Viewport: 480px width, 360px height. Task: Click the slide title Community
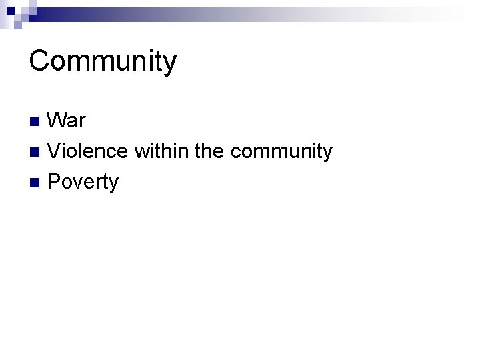point(103,62)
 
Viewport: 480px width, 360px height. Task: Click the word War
point(67,121)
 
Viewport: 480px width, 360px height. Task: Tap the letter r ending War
point(81,123)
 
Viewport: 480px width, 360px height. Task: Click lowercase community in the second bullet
point(281,153)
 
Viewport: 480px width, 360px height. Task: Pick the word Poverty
point(83,182)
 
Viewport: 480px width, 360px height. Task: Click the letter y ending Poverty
point(113,185)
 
